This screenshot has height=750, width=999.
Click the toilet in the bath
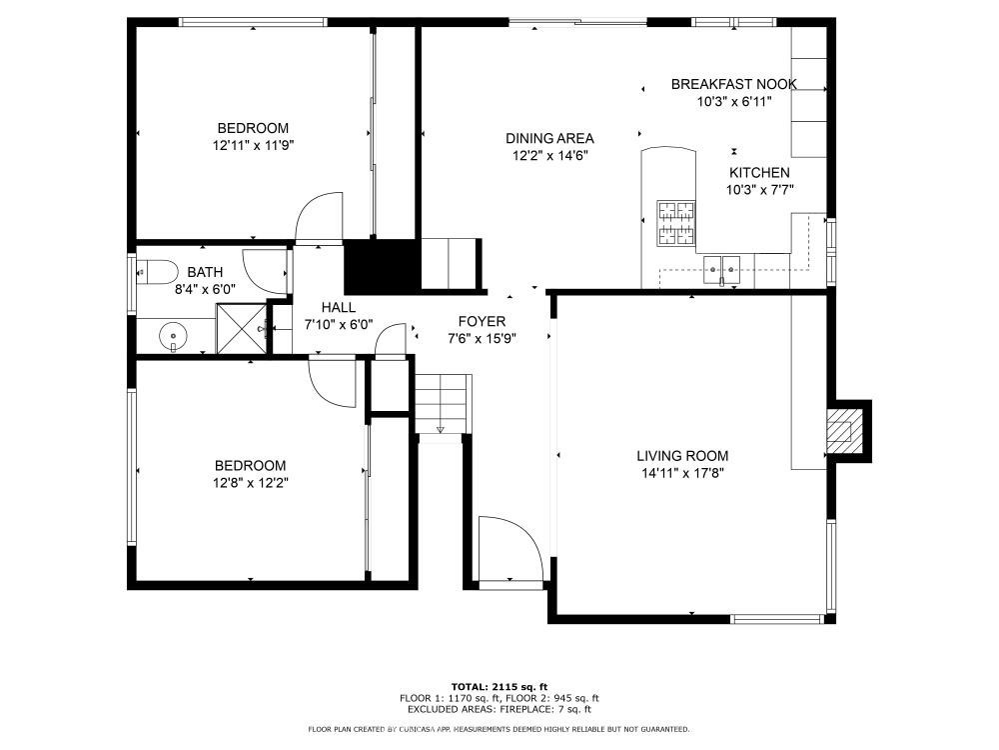[x=157, y=273]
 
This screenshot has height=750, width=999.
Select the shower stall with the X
[x=241, y=328]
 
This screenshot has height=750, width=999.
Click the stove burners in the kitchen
[x=676, y=223]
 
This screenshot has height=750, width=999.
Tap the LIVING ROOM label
[x=682, y=456]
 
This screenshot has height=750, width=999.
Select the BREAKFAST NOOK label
[x=734, y=84]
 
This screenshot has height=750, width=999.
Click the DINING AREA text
[x=549, y=138]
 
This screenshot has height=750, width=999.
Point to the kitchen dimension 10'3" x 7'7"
[x=759, y=190]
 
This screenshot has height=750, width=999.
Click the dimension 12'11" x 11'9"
[x=253, y=145]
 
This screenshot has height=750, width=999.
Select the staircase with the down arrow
[x=444, y=404]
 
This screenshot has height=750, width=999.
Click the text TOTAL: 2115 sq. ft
[x=499, y=687]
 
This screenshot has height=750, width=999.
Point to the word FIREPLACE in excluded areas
[x=526, y=709]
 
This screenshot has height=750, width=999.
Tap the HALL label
[x=339, y=307]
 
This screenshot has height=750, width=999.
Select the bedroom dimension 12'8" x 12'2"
[x=251, y=483]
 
